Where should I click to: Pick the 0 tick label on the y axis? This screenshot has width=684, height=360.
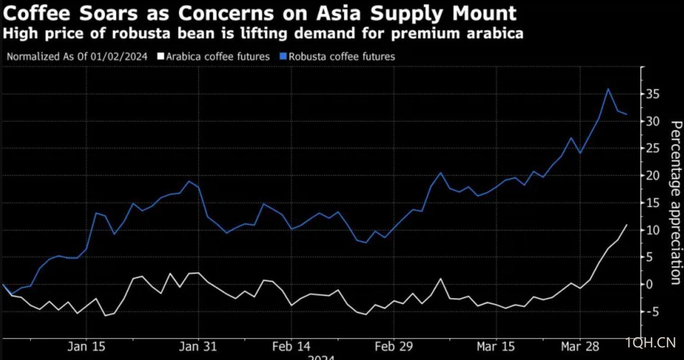[x=656, y=284]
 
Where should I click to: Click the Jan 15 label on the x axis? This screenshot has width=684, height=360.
[x=86, y=347]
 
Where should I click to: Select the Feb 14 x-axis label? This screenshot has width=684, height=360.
[x=290, y=347]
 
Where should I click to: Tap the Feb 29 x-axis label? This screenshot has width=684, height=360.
[x=394, y=347]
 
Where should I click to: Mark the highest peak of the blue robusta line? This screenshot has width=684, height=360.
[x=608, y=89]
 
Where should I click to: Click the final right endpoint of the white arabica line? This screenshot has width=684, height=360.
[x=627, y=225]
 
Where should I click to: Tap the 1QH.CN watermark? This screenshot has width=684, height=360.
[x=650, y=342]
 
